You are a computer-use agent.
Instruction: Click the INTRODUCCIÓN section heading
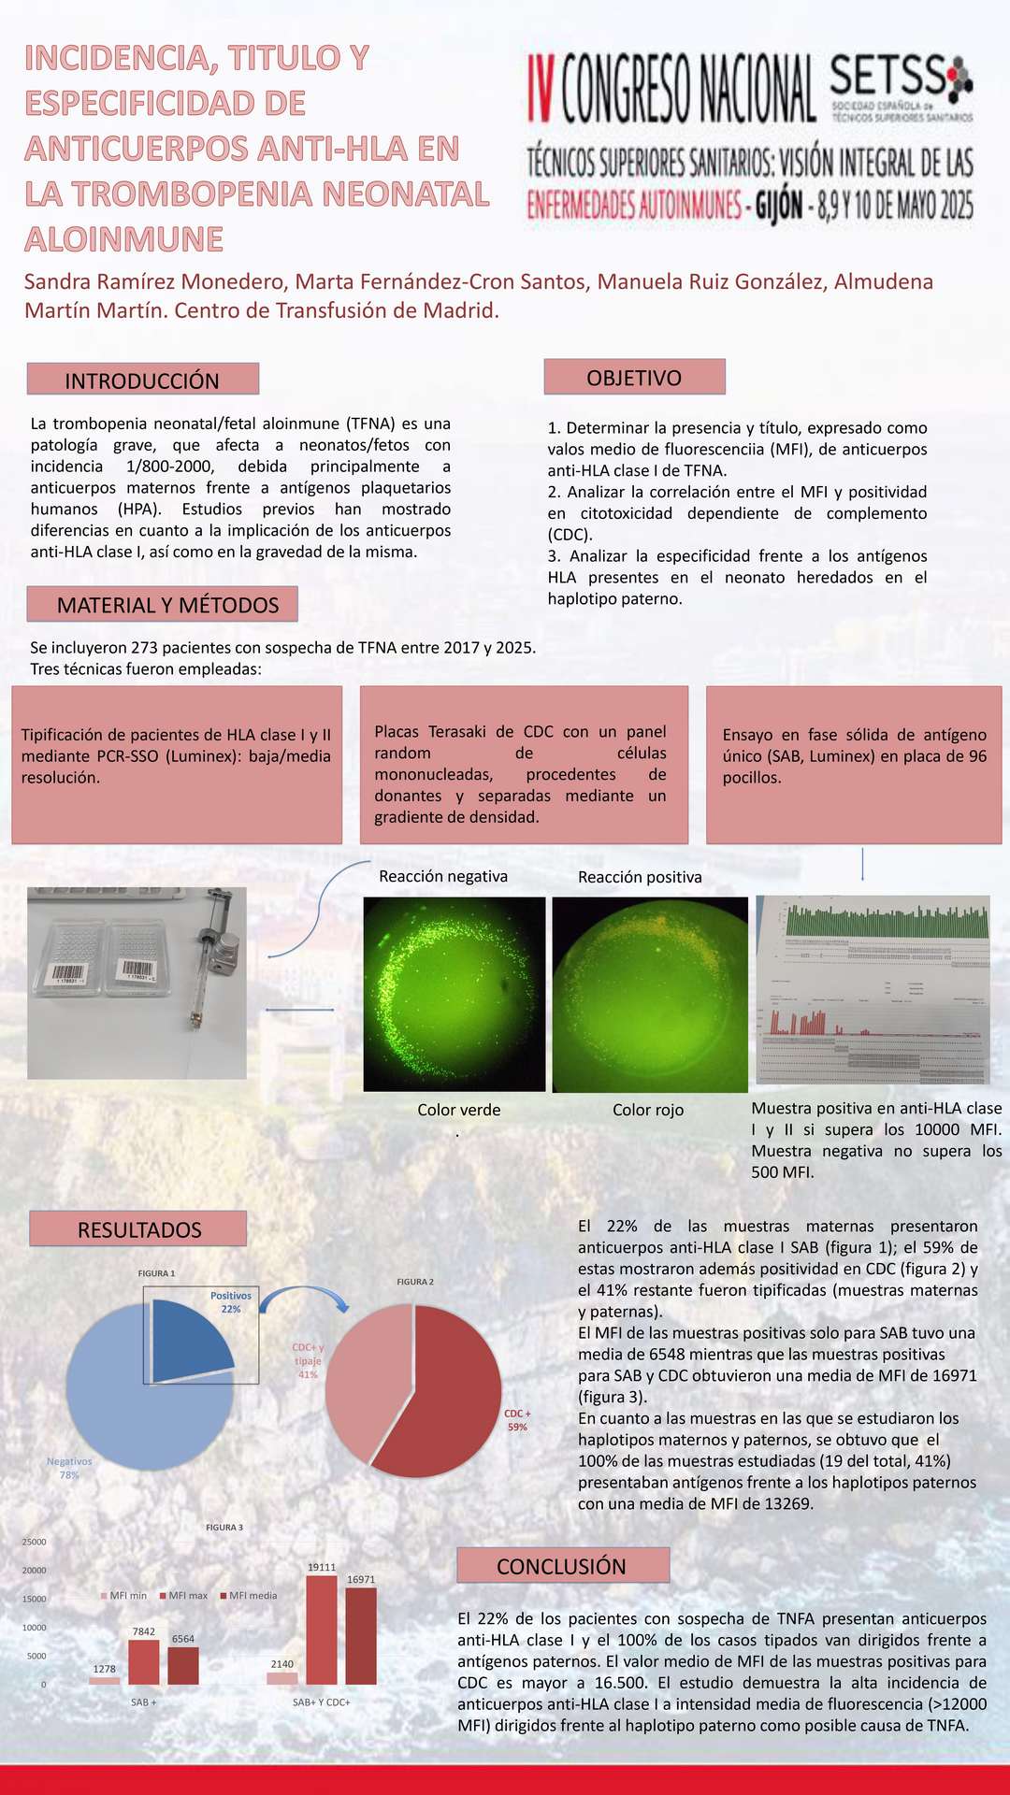pos(142,380)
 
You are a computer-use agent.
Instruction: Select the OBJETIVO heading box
pos(634,378)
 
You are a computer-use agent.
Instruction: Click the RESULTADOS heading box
pos(138,1229)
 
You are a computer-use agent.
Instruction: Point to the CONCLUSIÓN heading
pos(562,1566)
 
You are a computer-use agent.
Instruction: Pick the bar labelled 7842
pos(144,1662)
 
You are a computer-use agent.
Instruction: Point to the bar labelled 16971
pos(361,1636)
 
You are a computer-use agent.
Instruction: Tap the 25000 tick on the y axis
pos(35,1542)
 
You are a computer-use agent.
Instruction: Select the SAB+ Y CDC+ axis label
pos(321,1702)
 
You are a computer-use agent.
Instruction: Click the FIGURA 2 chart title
pos(415,1282)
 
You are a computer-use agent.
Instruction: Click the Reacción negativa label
pos(443,876)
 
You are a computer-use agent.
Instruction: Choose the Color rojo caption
pos(648,1110)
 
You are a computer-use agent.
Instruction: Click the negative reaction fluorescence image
pos(454,993)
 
